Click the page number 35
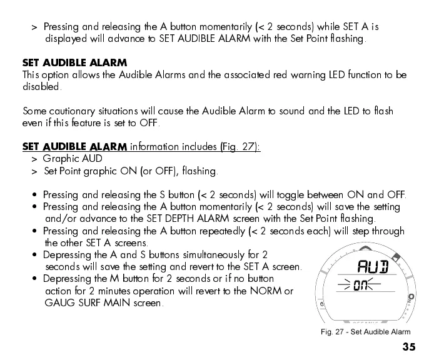point(409,347)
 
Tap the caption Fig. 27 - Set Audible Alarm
point(365,332)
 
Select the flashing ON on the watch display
point(360,286)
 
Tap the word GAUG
point(58,303)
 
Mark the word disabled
point(40,87)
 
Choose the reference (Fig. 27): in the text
point(240,147)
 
